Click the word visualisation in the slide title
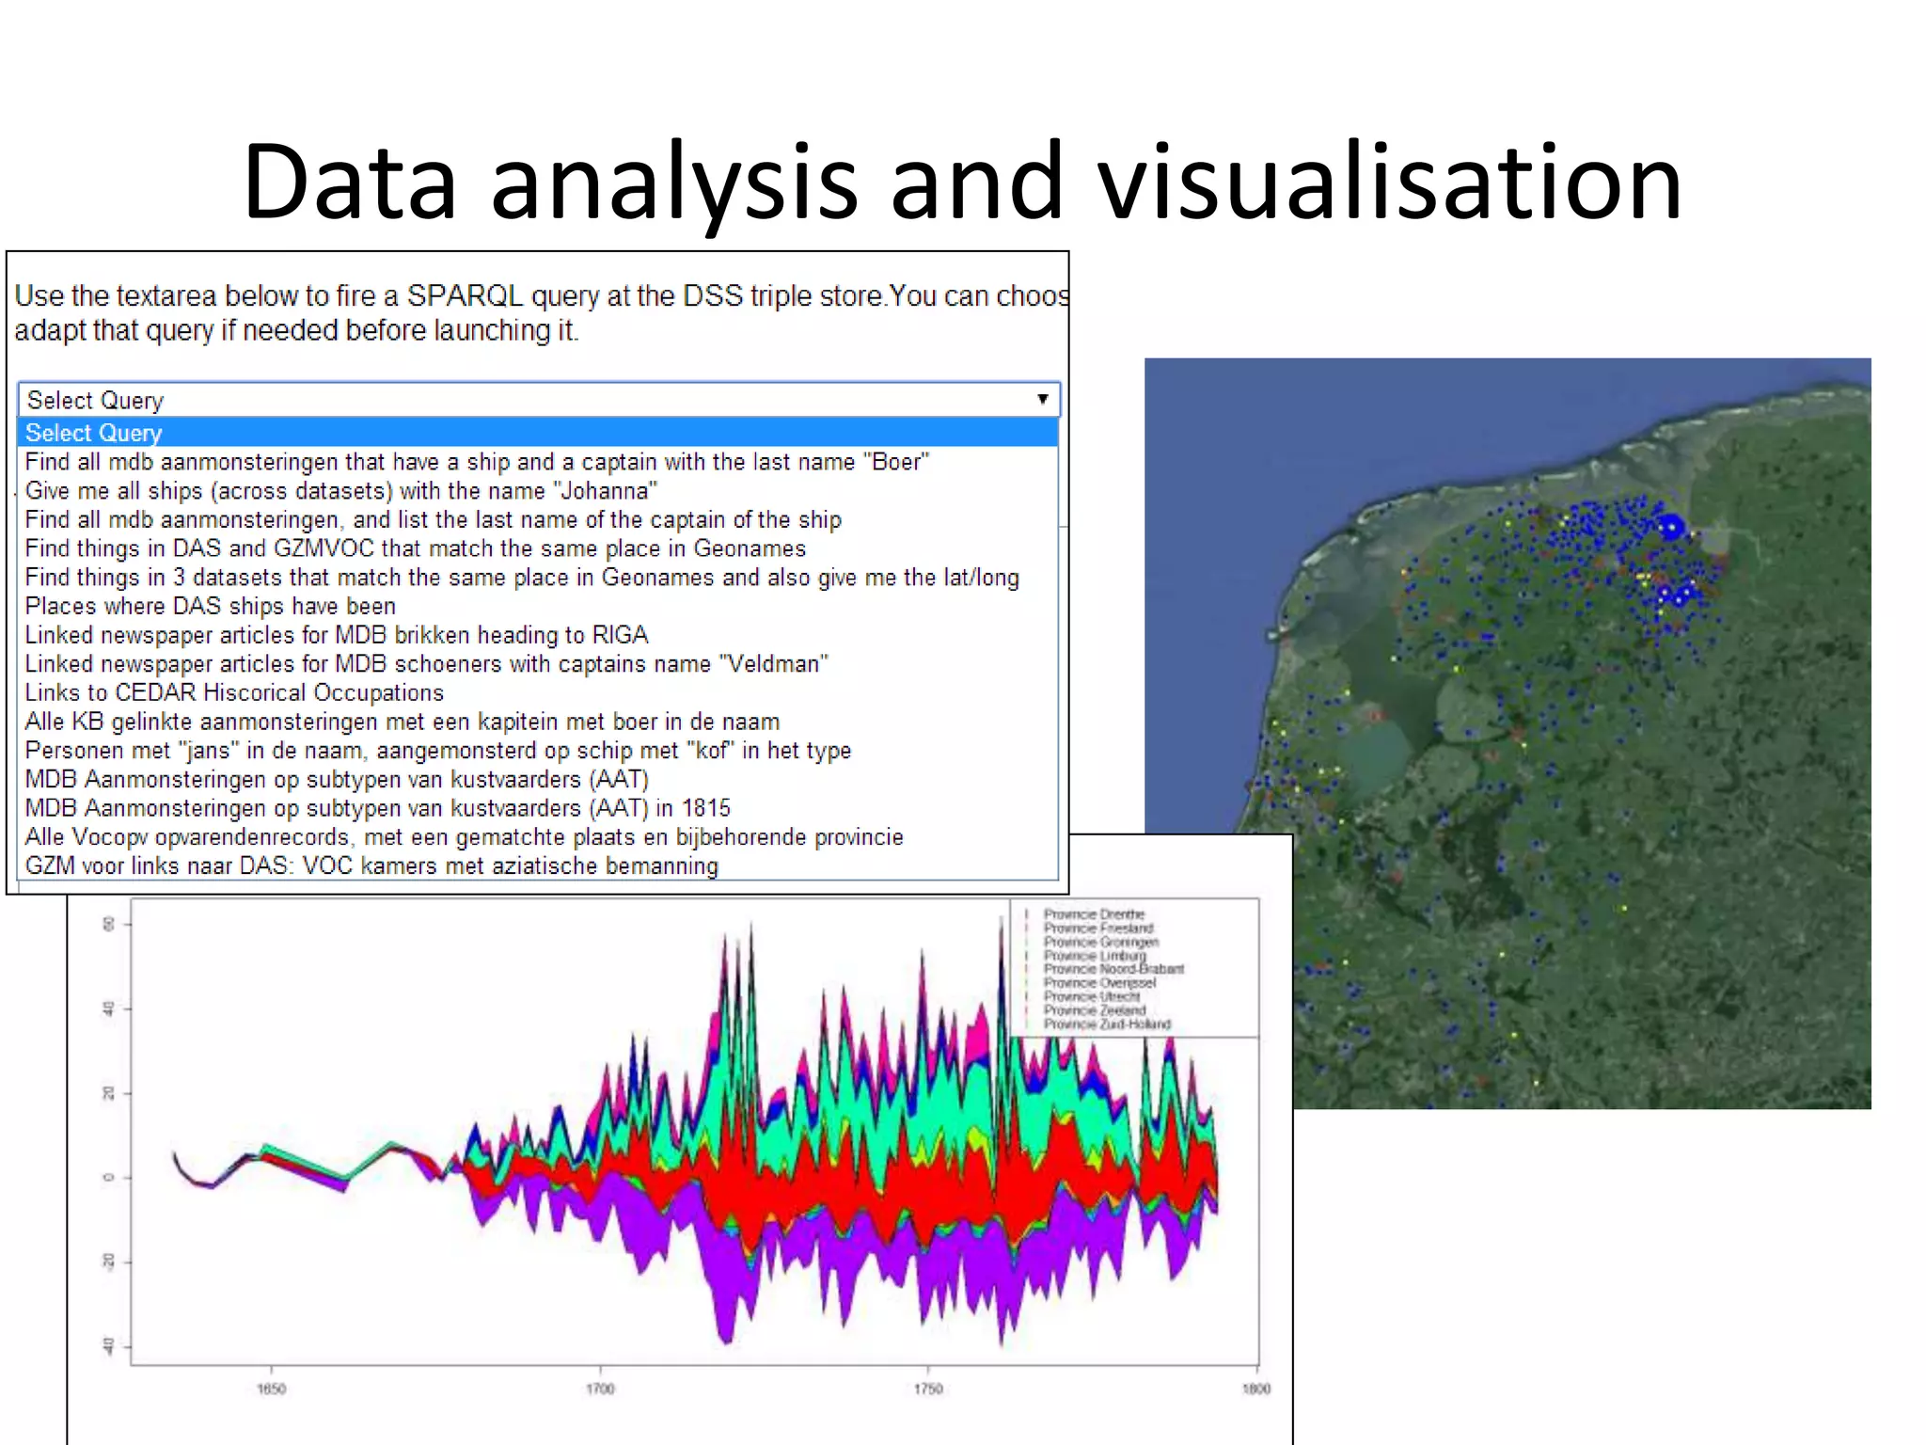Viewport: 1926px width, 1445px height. click(x=1389, y=181)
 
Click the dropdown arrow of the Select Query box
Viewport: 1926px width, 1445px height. click(x=1042, y=399)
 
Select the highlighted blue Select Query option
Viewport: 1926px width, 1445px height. click(x=93, y=433)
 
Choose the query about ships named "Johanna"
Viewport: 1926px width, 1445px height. click(x=340, y=491)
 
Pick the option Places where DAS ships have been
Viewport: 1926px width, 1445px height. click(x=210, y=607)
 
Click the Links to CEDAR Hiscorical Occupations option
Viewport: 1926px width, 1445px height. click(x=234, y=693)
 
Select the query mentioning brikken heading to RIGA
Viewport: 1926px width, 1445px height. click(x=337, y=635)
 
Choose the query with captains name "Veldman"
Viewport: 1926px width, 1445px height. click(x=426, y=664)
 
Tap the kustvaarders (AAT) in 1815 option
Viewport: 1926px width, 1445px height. click(x=377, y=808)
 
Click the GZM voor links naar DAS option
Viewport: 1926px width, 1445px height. click(x=371, y=866)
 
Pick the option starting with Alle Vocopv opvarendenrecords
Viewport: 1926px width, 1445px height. click(x=464, y=837)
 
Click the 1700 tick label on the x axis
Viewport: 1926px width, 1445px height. click(x=600, y=1389)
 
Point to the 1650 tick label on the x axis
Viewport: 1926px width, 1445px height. click(x=271, y=1389)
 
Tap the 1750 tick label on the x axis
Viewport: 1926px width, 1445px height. click(x=928, y=1389)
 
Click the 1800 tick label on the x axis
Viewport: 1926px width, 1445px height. click(x=1256, y=1389)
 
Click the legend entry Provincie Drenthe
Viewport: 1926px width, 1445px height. click(x=1094, y=913)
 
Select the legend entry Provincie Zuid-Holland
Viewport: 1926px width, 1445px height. click(x=1107, y=1024)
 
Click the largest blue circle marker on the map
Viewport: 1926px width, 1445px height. click(x=1670, y=527)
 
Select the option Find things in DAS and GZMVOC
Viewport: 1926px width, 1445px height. click(x=415, y=548)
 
